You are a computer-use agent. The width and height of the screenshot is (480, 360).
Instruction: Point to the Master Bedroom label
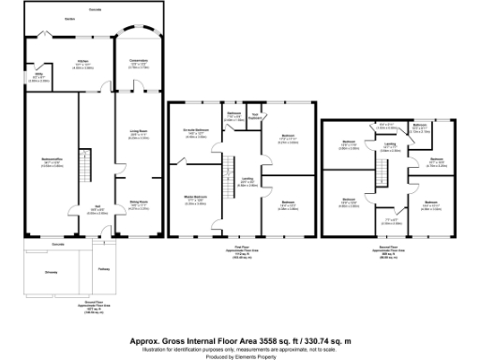(x=194, y=199)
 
